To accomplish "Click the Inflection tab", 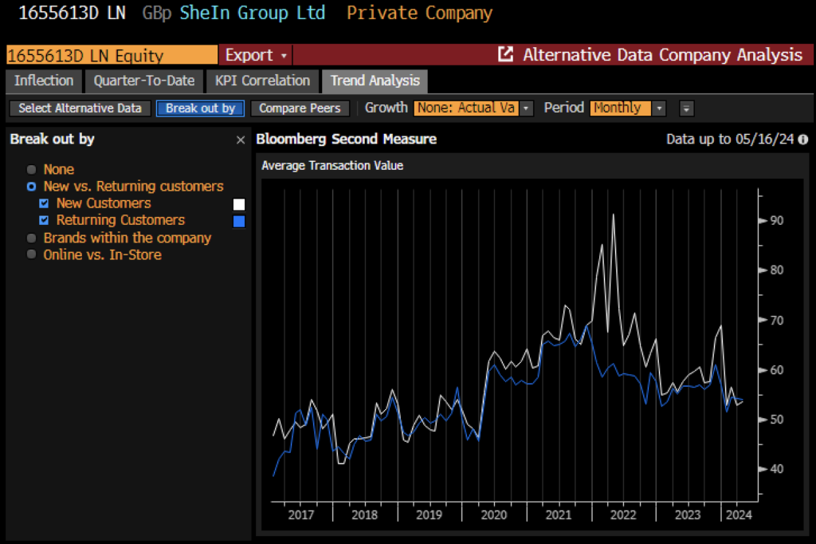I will [x=44, y=81].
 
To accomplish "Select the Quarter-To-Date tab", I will [x=144, y=81].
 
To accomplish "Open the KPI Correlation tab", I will [x=262, y=81].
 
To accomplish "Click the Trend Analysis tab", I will [x=375, y=81].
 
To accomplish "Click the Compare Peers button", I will [x=300, y=108].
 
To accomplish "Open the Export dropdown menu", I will [x=255, y=55].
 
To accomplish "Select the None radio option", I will [x=32, y=169].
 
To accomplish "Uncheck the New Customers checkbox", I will [x=45, y=203].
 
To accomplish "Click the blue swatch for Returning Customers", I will [x=238, y=221].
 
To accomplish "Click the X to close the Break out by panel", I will [x=241, y=140].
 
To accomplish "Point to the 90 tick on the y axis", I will [x=775, y=220].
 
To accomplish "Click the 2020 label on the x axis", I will [x=494, y=514].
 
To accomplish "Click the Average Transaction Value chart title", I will [x=332, y=166].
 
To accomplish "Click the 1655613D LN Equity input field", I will [x=112, y=55].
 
